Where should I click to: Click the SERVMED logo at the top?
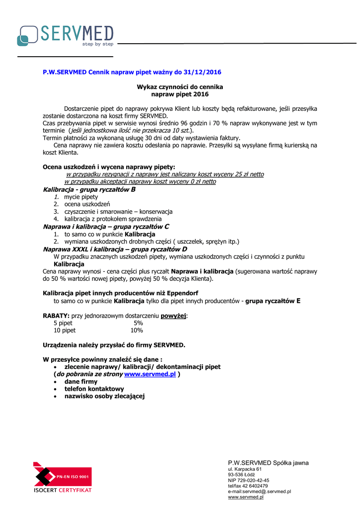[65, 35]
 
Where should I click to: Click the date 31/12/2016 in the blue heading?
[202, 72]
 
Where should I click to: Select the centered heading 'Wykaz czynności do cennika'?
[180, 87]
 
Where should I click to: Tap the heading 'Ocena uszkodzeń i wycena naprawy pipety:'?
[109, 167]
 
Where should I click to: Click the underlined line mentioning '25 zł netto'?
[165, 174]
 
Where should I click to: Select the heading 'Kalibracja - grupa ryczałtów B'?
[90, 189]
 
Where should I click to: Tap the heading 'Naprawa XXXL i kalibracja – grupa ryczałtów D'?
[115, 249]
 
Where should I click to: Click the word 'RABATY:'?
[56, 316]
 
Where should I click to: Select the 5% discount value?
[138, 323]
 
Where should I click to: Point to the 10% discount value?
[136, 330]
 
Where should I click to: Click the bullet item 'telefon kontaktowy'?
[94, 389]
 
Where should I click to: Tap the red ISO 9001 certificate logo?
[62, 477]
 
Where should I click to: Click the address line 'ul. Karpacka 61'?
[245, 469]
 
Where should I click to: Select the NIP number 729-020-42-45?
[249, 480]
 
